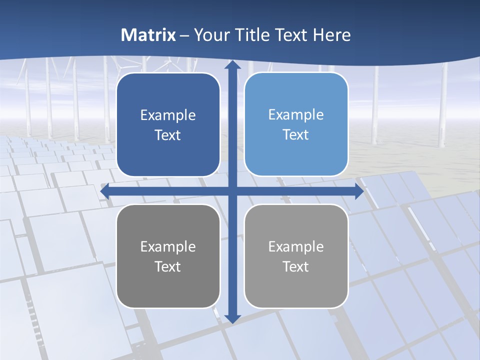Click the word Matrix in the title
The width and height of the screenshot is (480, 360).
pos(148,35)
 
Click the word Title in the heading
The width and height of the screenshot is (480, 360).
pos(252,35)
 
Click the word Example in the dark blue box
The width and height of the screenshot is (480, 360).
pos(168,115)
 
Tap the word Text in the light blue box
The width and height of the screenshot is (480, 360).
pos(296,135)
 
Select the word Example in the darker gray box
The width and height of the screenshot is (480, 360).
pos(168,247)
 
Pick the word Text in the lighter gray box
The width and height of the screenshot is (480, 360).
pos(296,266)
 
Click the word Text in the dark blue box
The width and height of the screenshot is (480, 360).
pos(168,135)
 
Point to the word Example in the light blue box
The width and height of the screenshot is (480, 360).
pos(296,115)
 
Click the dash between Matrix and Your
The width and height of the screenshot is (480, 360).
pos(184,35)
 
